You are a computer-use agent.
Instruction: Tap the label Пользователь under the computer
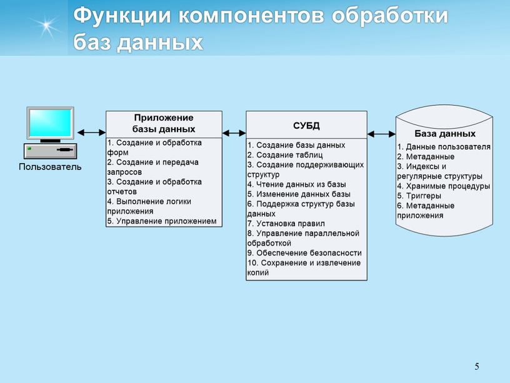click(50, 167)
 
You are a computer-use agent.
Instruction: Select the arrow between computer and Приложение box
click(91, 132)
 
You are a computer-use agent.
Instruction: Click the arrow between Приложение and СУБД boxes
click(234, 132)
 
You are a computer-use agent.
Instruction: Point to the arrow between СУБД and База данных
click(381, 133)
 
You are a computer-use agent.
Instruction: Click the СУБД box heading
click(306, 125)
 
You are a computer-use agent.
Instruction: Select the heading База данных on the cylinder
click(444, 134)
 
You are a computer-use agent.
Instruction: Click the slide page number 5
click(477, 366)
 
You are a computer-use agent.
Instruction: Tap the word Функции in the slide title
click(120, 16)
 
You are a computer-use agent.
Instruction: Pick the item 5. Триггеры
click(419, 196)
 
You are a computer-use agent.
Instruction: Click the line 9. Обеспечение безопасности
click(304, 253)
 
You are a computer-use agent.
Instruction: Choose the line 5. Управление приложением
click(162, 221)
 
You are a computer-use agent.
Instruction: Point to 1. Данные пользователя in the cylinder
click(444, 147)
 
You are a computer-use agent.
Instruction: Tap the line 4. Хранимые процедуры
click(443, 186)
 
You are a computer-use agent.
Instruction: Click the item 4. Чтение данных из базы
click(296, 184)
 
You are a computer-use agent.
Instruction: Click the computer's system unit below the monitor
click(50, 151)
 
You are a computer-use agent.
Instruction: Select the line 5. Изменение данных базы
click(297, 194)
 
